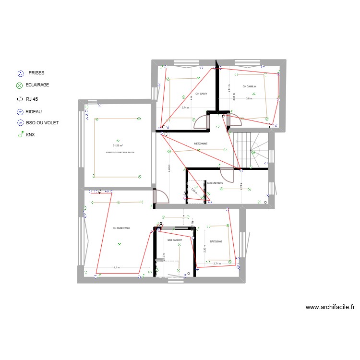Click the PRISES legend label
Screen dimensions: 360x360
tap(36, 73)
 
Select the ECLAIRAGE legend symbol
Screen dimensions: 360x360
tap(20, 85)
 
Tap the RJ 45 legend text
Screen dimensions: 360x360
tap(33, 100)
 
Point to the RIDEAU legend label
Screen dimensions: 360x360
tap(34, 111)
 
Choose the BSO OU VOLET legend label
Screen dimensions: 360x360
tap(42, 123)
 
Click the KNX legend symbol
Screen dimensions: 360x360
tap(20, 135)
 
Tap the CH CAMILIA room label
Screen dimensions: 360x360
tap(249, 87)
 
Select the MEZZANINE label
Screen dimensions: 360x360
tap(201, 144)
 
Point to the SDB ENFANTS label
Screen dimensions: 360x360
tap(215, 183)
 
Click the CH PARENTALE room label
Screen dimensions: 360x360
tap(121, 228)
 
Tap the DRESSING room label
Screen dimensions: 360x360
tap(216, 241)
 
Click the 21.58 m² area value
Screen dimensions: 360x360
tap(118, 145)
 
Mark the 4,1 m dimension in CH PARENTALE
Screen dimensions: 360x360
tap(117, 267)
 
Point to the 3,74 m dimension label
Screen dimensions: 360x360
tap(185, 108)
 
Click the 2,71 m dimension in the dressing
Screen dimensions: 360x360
tap(216, 264)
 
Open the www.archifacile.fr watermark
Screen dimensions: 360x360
tap(330, 308)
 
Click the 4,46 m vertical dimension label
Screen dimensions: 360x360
tap(169, 168)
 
